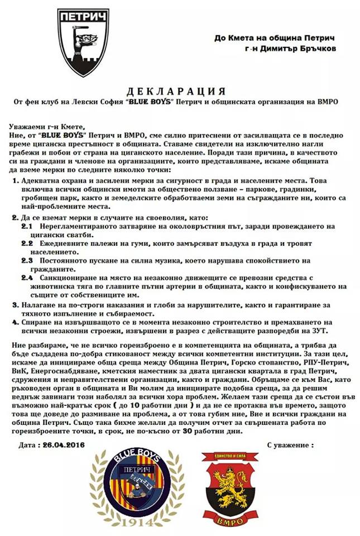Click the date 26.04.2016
coord(68,446)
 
